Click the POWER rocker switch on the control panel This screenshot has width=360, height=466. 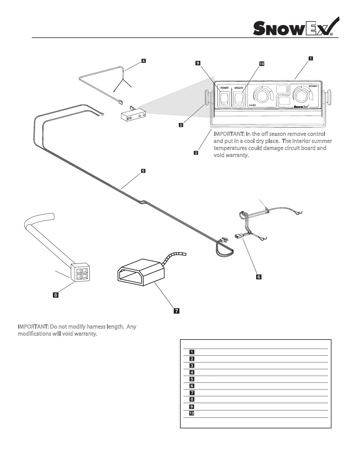225,99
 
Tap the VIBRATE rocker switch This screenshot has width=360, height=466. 239,99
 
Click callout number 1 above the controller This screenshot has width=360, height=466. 311,58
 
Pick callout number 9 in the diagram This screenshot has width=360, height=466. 198,63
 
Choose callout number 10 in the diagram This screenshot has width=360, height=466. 261,64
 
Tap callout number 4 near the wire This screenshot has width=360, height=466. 143,61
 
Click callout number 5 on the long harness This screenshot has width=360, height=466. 143,171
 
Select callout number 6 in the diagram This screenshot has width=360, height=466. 259,277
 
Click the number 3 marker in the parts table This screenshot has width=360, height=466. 191,366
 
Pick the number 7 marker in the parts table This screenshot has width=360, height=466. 191,393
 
